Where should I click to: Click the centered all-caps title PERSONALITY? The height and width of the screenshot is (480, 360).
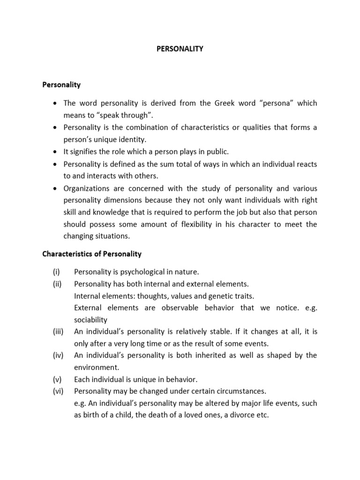point(180,48)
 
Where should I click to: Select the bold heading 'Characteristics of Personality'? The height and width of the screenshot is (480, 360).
point(92,254)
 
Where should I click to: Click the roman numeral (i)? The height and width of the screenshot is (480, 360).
point(55,272)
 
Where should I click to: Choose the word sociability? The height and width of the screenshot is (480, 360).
point(90,320)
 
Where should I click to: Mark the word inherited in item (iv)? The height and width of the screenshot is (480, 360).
point(190,355)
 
